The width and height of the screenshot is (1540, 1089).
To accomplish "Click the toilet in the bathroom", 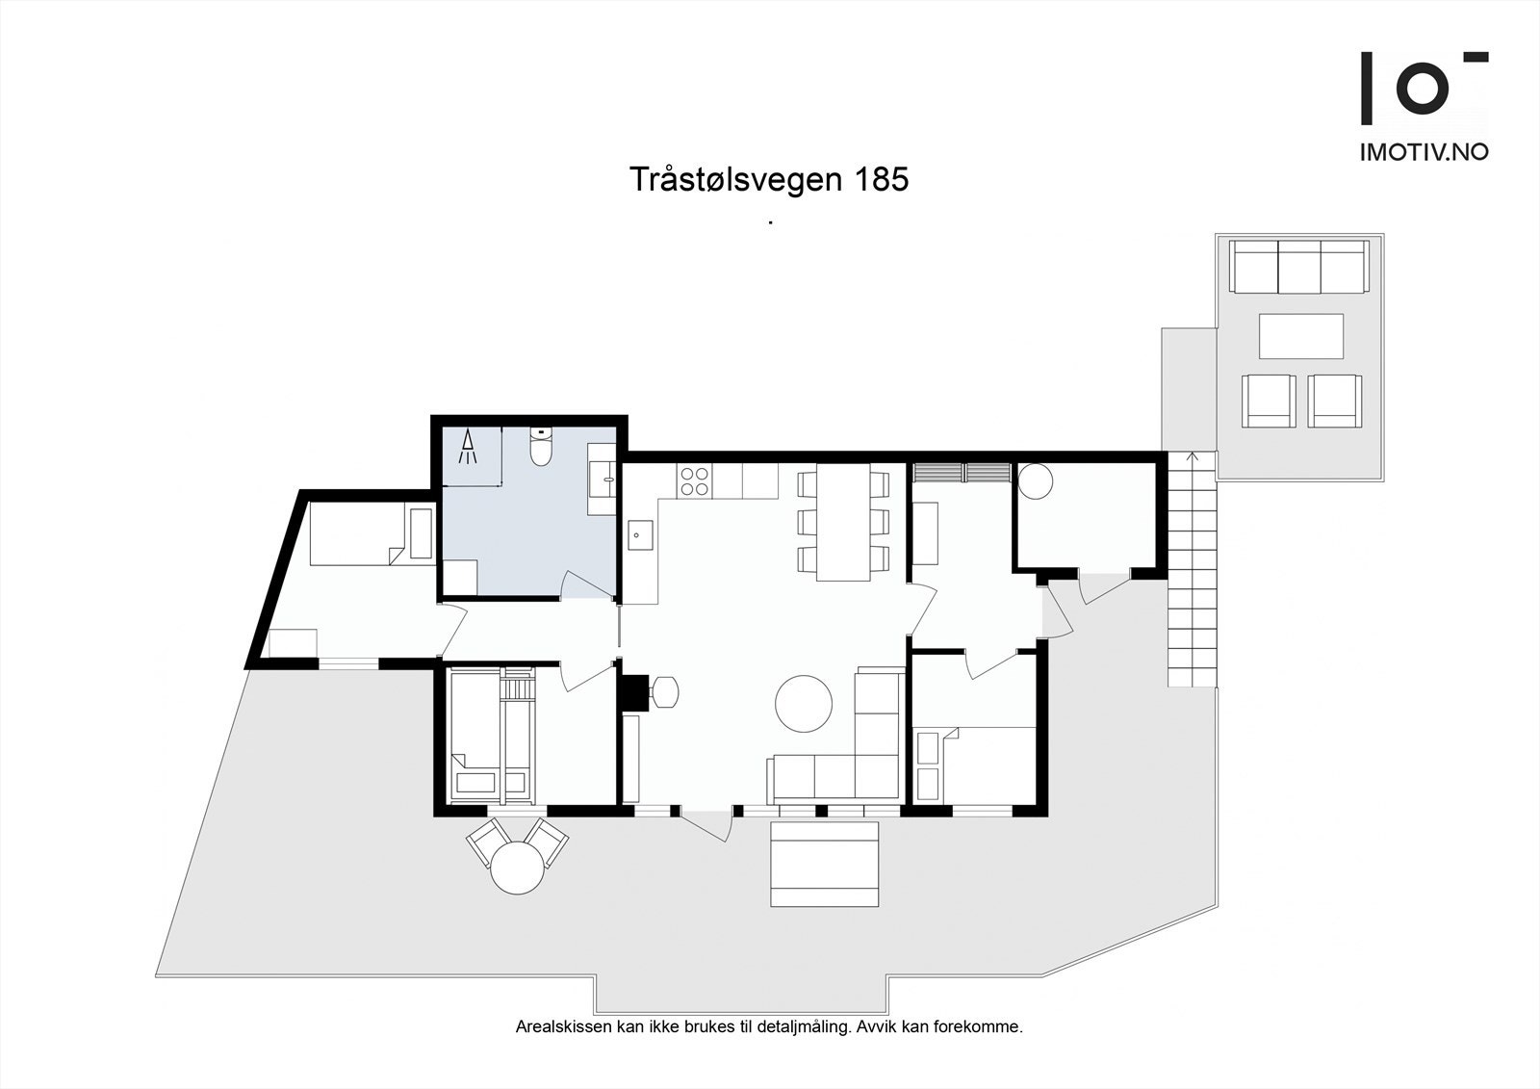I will point(541,448).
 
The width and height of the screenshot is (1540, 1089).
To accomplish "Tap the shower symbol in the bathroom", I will point(469,448).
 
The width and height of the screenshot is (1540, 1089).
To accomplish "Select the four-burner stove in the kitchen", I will point(695,480).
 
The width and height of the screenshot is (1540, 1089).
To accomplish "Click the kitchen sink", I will point(639,534).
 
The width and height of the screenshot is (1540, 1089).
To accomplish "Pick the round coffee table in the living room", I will point(804,704).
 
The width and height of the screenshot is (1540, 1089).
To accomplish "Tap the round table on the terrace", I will point(518,869).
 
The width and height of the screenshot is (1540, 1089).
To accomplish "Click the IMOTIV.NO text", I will point(1424,152).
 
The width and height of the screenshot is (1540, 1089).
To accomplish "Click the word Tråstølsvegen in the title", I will point(732,180).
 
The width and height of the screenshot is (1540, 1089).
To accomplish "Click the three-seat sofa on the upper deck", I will point(1299,267).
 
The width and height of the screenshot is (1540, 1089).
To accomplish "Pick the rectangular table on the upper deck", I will point(1301,337).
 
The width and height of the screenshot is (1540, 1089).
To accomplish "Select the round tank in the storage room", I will point(1037,480).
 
